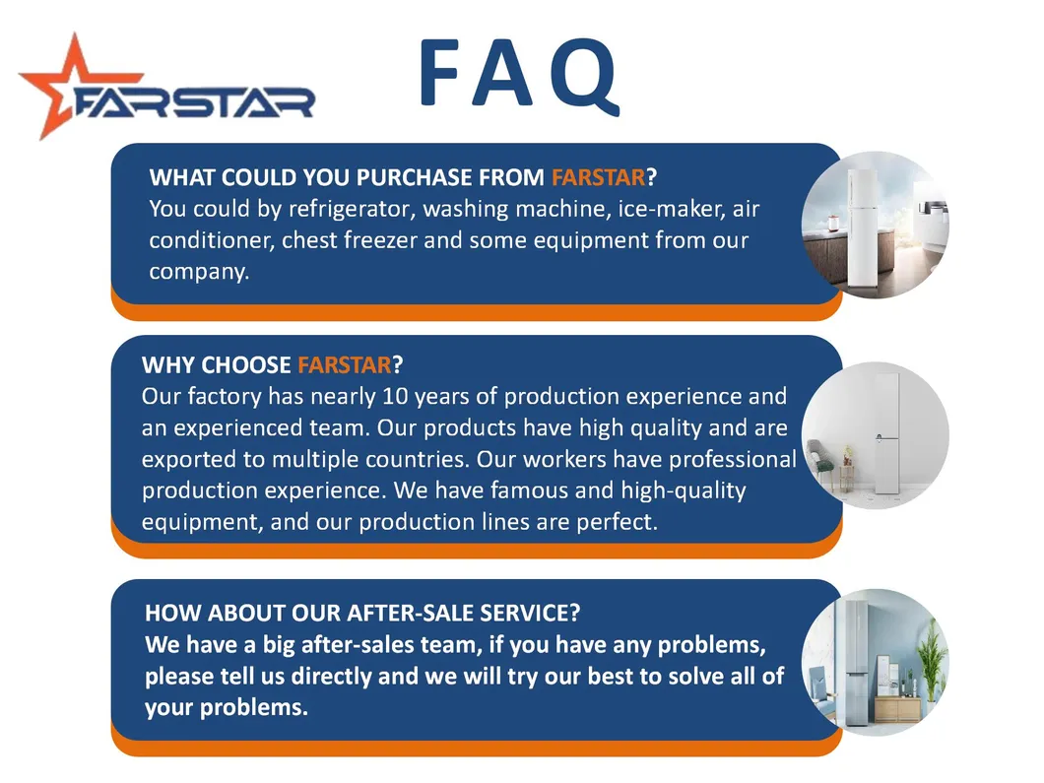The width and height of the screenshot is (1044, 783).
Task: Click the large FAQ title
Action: (x=520, y=75)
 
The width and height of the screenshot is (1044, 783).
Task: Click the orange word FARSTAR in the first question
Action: (x=598, y=177)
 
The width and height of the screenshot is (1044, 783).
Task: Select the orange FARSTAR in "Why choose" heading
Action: (x=345, y=364)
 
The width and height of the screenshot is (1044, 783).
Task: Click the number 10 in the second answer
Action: (x=395, y=397)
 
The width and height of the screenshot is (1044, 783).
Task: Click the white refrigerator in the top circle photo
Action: (x=862, y=229)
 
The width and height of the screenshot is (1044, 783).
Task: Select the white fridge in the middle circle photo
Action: (x=887, y=433)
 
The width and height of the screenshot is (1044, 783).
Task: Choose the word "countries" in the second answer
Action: (x=419, y=459)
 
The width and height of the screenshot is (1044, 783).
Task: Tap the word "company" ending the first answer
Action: (x=198, y=272)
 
